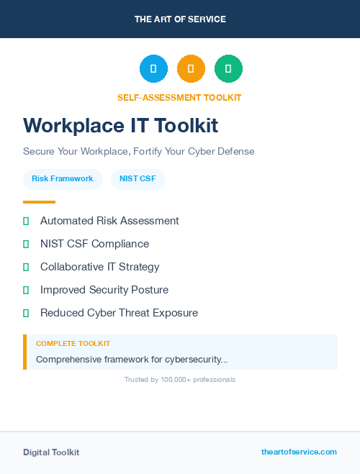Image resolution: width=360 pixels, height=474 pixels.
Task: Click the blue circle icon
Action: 153,69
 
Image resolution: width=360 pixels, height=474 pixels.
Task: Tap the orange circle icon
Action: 191,69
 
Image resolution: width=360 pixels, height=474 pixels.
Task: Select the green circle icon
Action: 228,69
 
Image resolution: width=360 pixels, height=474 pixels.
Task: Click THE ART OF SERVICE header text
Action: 180,19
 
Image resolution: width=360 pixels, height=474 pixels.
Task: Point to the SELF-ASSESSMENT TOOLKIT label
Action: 179,98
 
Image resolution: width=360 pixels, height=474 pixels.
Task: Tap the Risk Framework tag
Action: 63,178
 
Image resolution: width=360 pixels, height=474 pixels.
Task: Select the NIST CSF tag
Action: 138,178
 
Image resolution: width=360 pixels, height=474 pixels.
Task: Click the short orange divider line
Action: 39,202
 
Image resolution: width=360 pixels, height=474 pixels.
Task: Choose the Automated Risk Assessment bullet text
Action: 109,221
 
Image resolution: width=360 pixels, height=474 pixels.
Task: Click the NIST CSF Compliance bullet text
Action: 94,244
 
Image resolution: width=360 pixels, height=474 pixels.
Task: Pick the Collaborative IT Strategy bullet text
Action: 99,267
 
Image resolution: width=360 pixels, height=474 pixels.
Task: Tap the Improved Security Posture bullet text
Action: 104,290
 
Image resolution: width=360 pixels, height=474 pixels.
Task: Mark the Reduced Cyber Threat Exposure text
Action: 119,313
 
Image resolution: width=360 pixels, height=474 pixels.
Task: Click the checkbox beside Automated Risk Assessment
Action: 26,221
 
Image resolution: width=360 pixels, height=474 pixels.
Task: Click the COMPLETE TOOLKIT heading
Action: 73,344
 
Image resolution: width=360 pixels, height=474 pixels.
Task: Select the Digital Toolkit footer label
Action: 51,452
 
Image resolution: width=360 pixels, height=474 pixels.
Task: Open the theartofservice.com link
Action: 299,452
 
